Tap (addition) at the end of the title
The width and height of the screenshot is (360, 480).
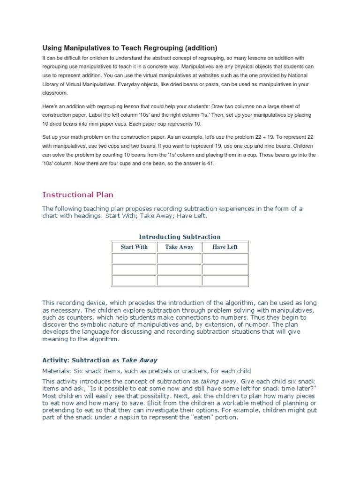(201, 48)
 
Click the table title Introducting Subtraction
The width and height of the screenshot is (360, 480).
(180, 237)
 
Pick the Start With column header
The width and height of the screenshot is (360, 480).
(134, 247)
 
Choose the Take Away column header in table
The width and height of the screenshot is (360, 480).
(179, 247)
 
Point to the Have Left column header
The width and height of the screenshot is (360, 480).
(225, 247)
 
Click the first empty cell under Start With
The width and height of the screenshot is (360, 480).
(134, 259)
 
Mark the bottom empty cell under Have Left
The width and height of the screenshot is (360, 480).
(225, 280)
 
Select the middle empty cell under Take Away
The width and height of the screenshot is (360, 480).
(179, 270)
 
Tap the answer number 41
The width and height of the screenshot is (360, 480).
(210, 165)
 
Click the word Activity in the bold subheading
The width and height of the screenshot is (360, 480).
(55, 360)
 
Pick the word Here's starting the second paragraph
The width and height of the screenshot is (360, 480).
(51, 106)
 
